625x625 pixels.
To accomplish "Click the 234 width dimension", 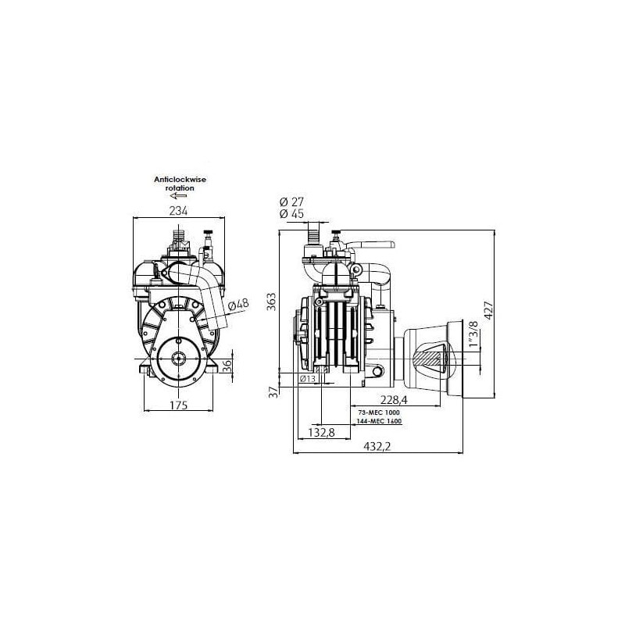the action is tap(178, 210).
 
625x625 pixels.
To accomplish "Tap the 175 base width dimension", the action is tap(179, 405).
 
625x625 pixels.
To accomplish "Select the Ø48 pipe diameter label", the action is tap(238, 305).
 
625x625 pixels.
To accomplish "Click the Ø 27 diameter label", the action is tap(291, 202).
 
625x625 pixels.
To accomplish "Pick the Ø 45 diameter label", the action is tap(291, 214).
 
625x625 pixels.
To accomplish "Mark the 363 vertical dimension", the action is tap(271, 302).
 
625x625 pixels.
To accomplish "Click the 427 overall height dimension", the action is tap(488, 310).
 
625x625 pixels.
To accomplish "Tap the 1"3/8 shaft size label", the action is tap(473, 334).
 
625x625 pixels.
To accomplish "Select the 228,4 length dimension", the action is tap(394, 399).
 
